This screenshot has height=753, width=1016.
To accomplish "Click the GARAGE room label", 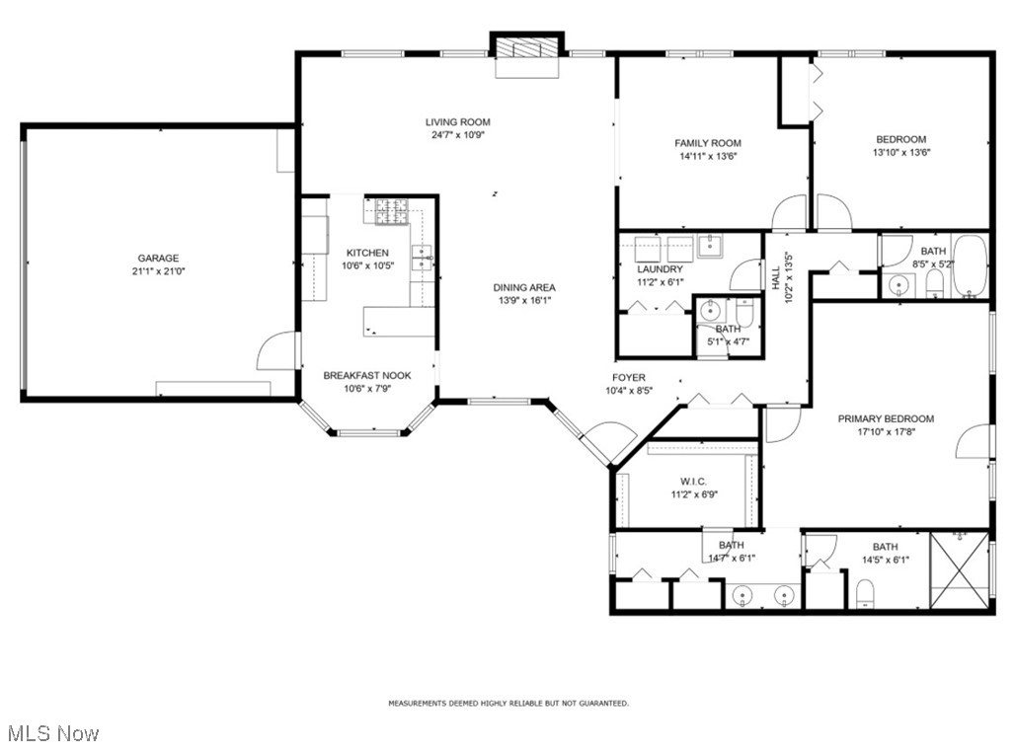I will pos(158,259).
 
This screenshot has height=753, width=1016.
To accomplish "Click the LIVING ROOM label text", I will pos(457,122).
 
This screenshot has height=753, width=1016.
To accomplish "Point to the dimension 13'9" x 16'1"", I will pos(523,301).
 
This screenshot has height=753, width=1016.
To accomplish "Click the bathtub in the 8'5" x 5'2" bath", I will pos(970,266).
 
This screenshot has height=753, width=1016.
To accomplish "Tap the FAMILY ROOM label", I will pos(707,143).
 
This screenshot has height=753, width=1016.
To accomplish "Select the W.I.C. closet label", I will pos(693,482).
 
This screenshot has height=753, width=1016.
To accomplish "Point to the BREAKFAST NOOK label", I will pos(367,375).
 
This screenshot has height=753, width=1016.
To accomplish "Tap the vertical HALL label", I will pos(775,280).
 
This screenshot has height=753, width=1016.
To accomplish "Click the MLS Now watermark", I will pos(53,733).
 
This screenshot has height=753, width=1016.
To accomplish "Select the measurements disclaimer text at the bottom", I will pos(508,704).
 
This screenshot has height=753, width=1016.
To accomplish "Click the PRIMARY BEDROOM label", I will pos(886,418).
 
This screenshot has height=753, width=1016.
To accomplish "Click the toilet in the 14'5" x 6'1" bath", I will pos(867,593).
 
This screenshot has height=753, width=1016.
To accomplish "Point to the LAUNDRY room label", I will pos(660,269).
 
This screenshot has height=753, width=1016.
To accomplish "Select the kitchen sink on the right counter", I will pos(423,259).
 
